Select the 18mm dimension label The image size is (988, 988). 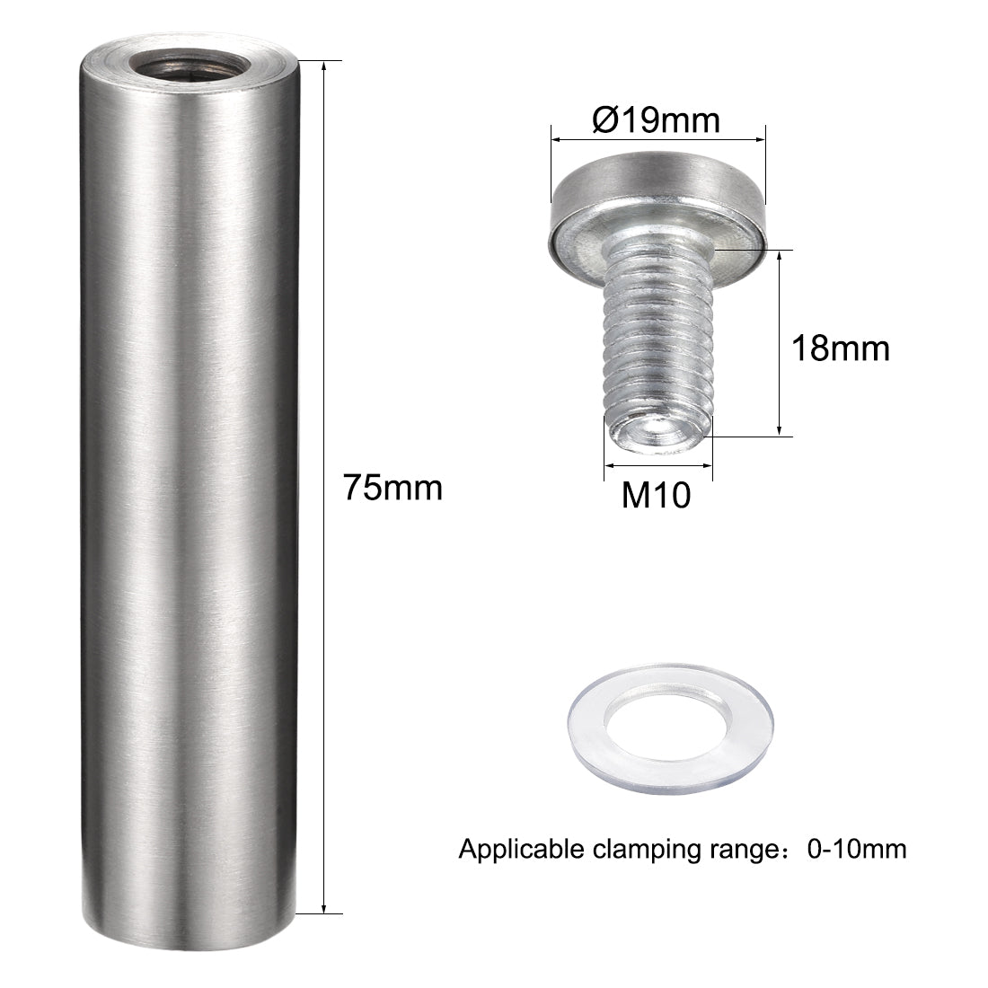point(840,348)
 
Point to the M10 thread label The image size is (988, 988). point(657,495)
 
